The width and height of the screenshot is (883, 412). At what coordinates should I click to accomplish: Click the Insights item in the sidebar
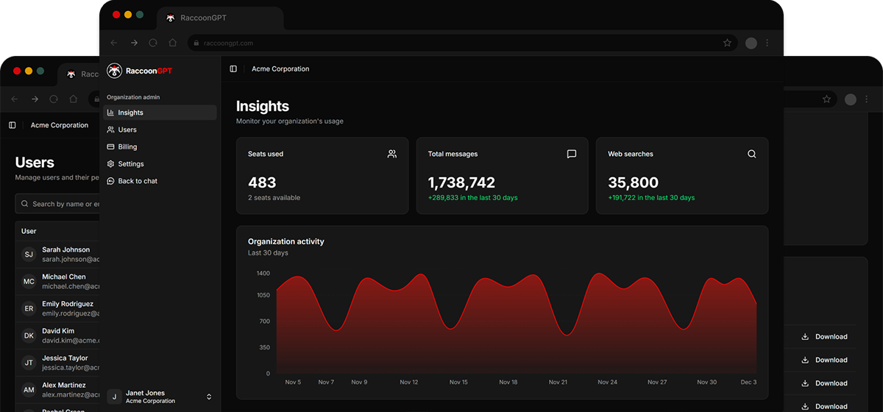coord(130,113)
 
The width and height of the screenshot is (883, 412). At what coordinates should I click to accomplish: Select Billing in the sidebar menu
coord(127,146)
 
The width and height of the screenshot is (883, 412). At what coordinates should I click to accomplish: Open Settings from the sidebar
coord(130,164)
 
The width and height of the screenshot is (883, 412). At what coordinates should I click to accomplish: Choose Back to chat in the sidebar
coord(137,181)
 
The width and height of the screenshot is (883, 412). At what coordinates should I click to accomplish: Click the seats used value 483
coord(262,182)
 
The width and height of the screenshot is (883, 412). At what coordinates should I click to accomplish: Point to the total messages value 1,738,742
coord(461,182)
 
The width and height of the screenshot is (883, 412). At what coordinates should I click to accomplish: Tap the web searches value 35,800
coord(633,182)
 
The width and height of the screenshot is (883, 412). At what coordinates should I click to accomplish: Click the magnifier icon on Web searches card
coord(751,154)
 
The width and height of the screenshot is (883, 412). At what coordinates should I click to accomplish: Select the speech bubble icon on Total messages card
coord(572,154)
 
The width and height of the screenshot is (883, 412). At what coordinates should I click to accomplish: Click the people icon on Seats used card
coord(392,154)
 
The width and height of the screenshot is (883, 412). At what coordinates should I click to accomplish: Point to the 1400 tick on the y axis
coord(263,273)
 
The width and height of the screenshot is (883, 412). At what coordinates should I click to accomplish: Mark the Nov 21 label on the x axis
coord(558,383)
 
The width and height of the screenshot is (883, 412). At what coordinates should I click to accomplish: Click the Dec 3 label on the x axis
coord(748,383)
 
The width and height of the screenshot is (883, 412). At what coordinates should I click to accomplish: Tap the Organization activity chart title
coord(286,241)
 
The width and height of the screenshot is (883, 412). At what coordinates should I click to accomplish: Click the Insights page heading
coord(263,106)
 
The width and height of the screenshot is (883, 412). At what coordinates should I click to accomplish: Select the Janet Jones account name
coord(145,393)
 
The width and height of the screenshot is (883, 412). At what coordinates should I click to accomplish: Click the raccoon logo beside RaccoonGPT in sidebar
coord(114,71)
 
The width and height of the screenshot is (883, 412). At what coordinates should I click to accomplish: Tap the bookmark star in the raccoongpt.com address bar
coord(727,43)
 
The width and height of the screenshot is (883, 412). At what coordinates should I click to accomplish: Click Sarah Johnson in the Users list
coord(65,250)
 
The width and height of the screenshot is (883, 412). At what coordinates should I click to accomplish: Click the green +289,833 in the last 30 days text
coord(472,198)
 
